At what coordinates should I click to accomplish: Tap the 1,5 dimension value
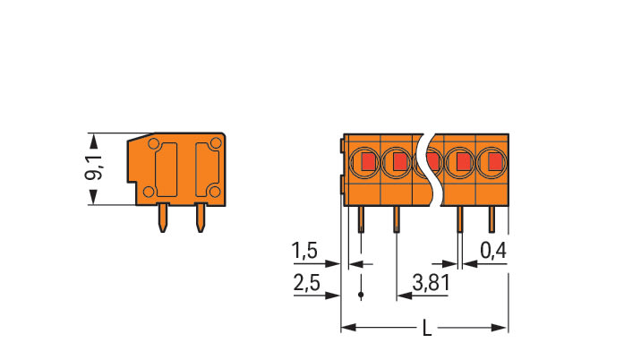pyautogui.click(x=304, y=253)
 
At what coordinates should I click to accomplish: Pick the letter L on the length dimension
pyautogui.click(x=426, y=329)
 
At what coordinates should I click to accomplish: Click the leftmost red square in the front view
pyautogui.click(x=366, y=162)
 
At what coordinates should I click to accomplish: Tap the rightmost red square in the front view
pyautogui.click(x=492, y=162)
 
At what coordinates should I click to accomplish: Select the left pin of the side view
pyautogui.click(x=163, y=218)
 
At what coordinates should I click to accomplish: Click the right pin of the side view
pyautogui.click(x=200, y=216)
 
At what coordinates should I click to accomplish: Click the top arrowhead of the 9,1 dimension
pyautogui.click(x=93, y=138)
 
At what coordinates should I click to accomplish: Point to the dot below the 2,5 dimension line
pyautogui.click(x=361, y=295)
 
